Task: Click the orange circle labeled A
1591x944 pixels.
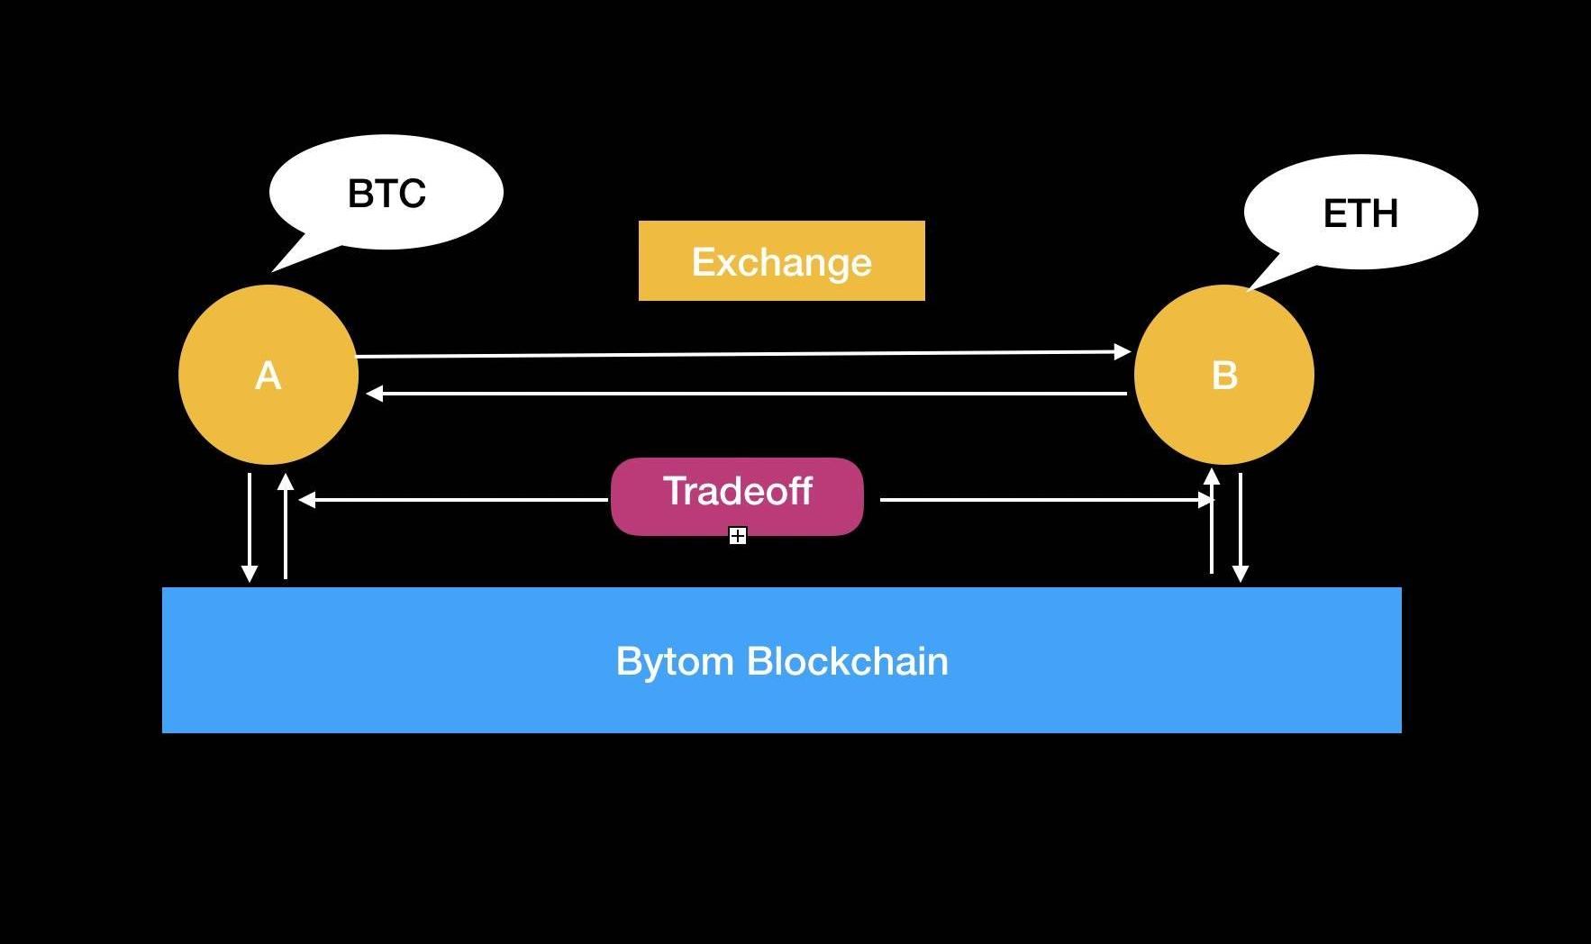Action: coord(268,375)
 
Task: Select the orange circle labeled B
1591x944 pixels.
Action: coord(1223,375)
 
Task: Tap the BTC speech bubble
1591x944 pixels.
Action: coord(386,192)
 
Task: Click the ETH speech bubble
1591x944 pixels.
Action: coord(1360,213)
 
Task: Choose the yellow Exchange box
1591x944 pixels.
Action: coord(781,261)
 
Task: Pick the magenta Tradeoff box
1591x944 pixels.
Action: coord(737,496)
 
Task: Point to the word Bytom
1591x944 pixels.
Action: coord(675,662)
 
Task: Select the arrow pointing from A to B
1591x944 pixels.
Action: coord(743,354)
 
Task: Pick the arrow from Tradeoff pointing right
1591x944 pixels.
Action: coord(1045,499)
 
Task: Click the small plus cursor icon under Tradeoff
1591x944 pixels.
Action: coord(738,537)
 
